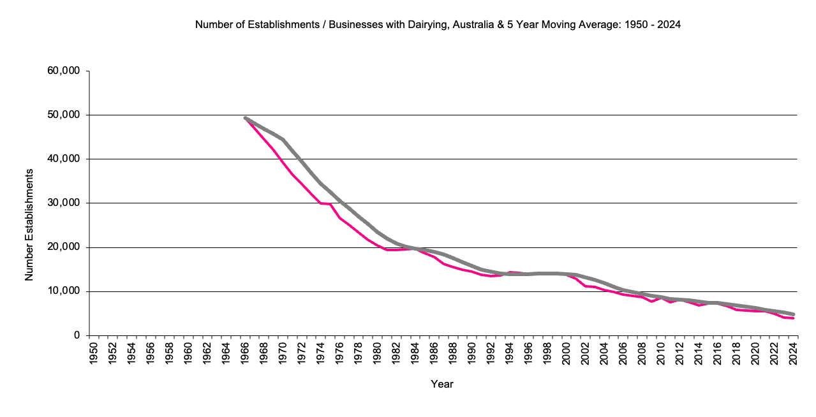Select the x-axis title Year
(x=442, y=384)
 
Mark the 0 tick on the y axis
(x=77, y=335)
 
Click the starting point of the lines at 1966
(x=246, y=118)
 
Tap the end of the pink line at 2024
(x=793, y=318)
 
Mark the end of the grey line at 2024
(x=793, y=314)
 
